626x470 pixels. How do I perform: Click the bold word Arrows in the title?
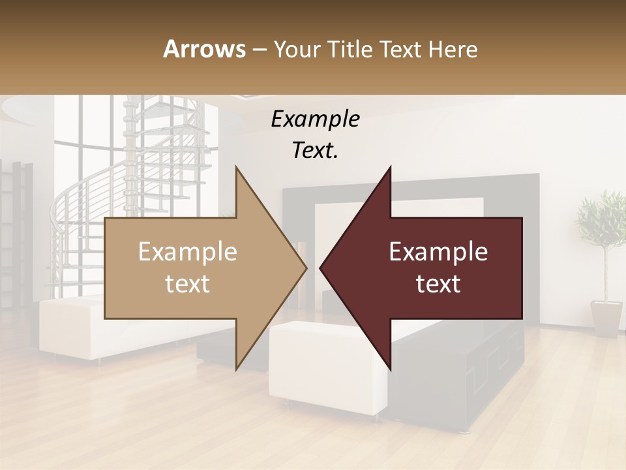pyautogui.click(x=205, y=49)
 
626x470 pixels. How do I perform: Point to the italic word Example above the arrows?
pyautogui.click(x=315, y=119)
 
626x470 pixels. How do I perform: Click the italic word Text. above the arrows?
pyautogui.click(x=315, y=150)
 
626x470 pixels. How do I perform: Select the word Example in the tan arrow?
pyautogui.click(x=187, y=252)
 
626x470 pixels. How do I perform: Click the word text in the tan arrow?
pyautogui.click(x=187, y=283)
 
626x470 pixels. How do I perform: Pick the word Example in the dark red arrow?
pyautogui.click(x=438, y=252)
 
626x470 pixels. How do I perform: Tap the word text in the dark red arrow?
pyautogui.click(x=438, y=283)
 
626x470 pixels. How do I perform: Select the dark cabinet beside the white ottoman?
pyautogui.click(x=456, y=379)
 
